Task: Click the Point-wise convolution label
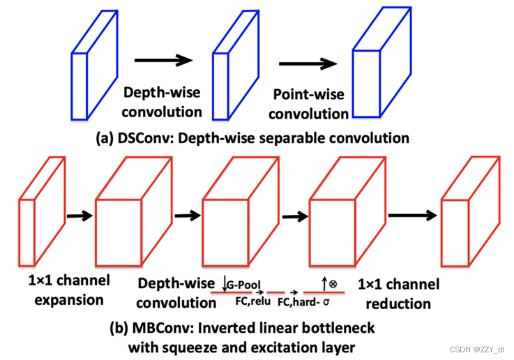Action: [x=308, y=103]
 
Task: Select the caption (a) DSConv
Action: [x=252, y=138]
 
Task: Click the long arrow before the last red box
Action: [x=414, y=216]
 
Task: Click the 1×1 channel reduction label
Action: [x=398, y=294]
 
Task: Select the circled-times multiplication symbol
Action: [x=333, y=284]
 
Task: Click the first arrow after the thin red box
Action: [x=77, y=216]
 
